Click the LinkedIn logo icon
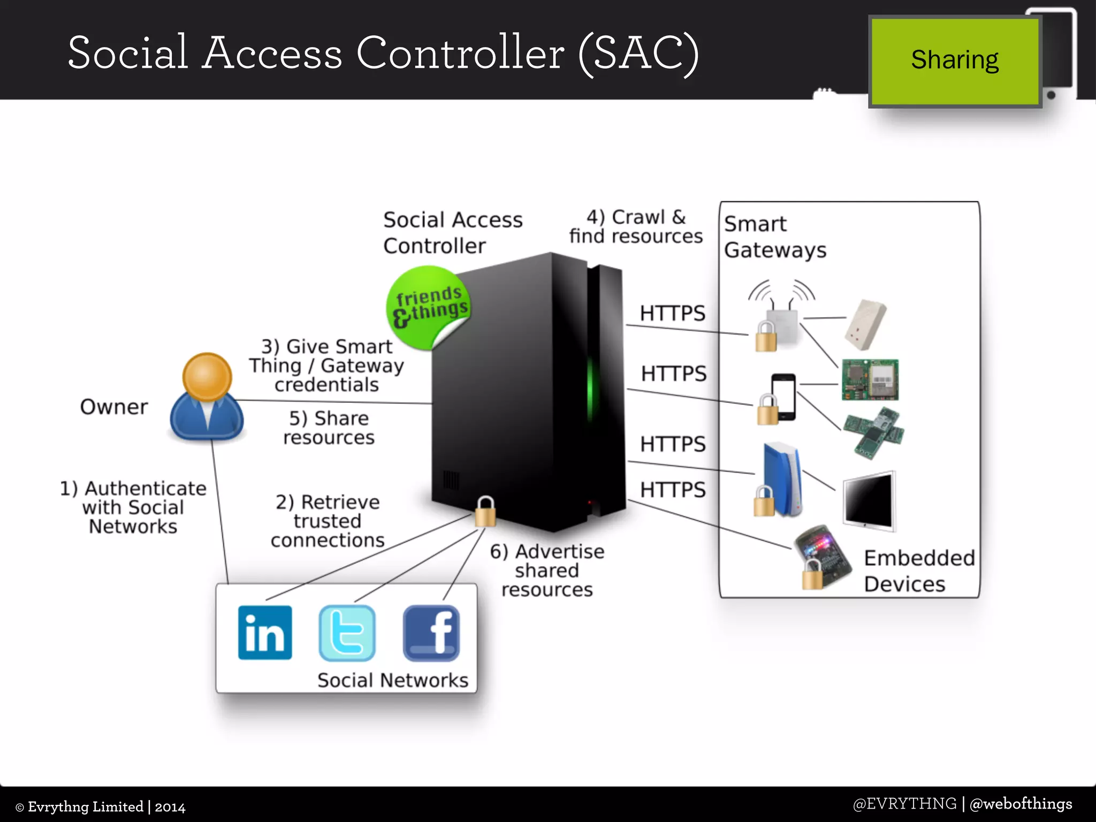[x=265, y=633]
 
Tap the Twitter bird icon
[x=347, y=633]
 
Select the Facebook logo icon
[x=431, y=633]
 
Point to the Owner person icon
[x=207, y=397]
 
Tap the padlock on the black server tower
[x=485, y=512]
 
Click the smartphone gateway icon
[x=783, y=397]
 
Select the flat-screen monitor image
[x=869, y=501]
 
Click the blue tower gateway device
[x=781, y=479]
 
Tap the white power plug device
[x=866, y=324]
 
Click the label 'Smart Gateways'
[x=774, y=237]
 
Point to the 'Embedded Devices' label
[x=918, y=570]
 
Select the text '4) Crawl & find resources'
[x=636, y=226]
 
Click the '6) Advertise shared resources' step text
[x=547, y=570]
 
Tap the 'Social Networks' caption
[x=392, y=680]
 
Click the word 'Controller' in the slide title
[x=460, y=54]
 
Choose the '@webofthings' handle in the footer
[x=1021, y=804]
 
